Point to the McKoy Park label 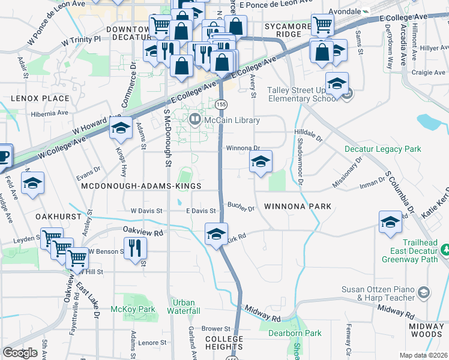[x=133, y=309]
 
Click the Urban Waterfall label [x=184, y=307]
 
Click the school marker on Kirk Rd [x=216, y=233]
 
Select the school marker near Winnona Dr [x=261, y=161]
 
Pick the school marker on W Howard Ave [x=121, y=128]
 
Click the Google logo [x=20, y=352]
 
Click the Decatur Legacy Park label [x=382, y=149]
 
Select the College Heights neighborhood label [x=224, y=343]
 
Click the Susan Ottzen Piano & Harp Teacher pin [x=423, y=292]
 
